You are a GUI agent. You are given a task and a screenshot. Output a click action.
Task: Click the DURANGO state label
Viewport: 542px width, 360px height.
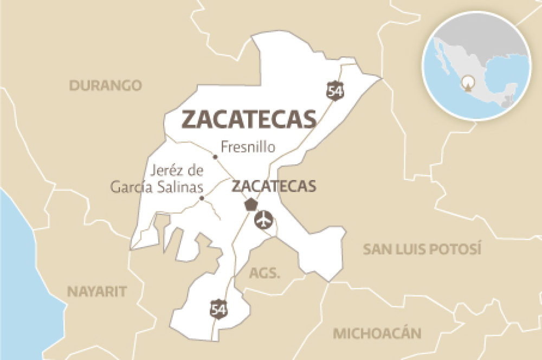pyautogui.click(x=105, y=85)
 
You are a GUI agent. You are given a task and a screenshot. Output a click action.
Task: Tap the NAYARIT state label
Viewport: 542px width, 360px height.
pyautogui.click(x=97, y=291)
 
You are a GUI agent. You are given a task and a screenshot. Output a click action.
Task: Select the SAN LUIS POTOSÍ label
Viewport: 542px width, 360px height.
pyautogui.click(x=422, y=249)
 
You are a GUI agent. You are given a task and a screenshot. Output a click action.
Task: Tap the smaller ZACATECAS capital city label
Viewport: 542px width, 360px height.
pyautogui.click(x=274, y=187)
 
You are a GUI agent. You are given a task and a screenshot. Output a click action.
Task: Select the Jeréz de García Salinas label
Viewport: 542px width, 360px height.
pyautogui.click(x=157, y=179)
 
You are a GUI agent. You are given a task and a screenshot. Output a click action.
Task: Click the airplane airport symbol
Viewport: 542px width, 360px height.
pyautogui.click(x=263, y=220)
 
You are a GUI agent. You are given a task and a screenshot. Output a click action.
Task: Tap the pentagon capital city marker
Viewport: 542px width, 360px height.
pyautogui.click(x=250, y=205)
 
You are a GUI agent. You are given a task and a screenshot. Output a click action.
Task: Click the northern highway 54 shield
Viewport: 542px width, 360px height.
pyautogui.click(x=335, y=91)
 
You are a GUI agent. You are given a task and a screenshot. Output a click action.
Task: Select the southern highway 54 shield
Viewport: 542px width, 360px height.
pyautogui.click(x=218, y=309)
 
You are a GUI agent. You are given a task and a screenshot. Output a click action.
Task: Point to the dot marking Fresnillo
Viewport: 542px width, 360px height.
pyautogui.click(x=215, y=157)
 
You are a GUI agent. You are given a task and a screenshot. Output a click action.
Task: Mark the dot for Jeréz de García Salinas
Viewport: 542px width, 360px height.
pyautogui.click(x=202, y=198)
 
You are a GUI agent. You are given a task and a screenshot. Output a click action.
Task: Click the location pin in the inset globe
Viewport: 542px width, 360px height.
pyautogui.click(x=467, y=83)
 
